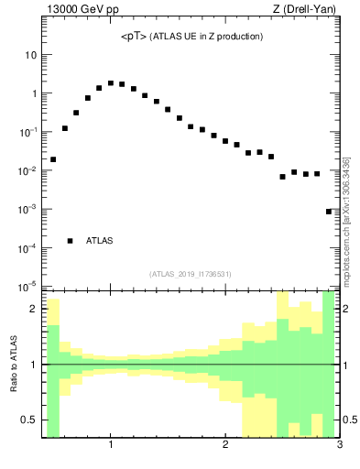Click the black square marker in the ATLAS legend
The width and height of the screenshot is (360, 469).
click(71, 241)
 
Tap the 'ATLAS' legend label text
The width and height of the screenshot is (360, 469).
click(99, 241)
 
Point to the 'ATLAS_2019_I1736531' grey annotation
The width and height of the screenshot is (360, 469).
click(191, 273)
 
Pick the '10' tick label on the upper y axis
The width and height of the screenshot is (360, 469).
click(30, 55)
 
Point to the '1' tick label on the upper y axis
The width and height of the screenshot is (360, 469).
click(33, 93)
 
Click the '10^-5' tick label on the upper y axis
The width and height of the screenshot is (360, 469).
click(28, 287)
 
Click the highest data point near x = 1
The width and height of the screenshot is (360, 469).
click(111, 83)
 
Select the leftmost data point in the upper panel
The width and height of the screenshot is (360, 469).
click(53, 159)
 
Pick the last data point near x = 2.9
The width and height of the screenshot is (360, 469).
click(329, 212)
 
